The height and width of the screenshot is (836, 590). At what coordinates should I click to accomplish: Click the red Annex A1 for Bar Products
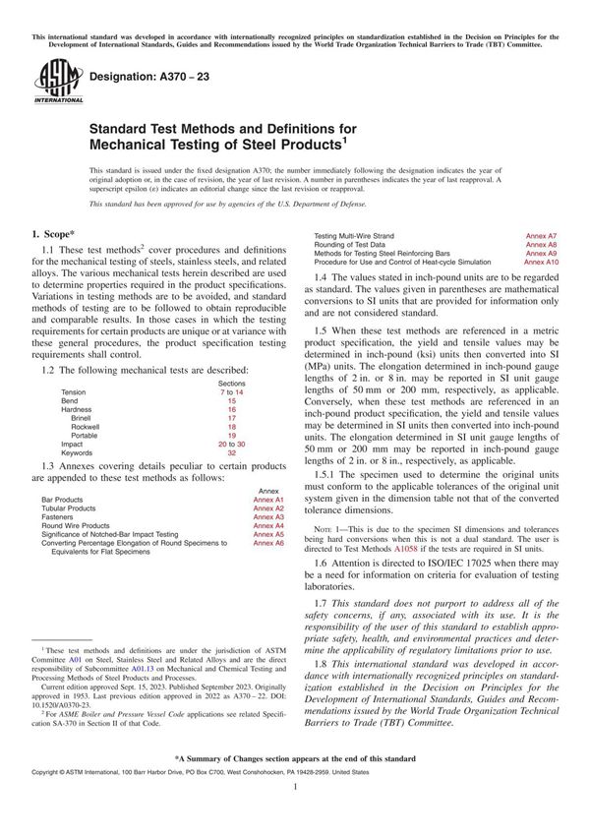(x=267, y=500)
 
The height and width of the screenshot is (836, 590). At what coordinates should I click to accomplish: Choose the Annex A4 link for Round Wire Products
(x=267, y=525)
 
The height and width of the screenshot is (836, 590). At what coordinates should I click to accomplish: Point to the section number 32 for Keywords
(x=231, y=452)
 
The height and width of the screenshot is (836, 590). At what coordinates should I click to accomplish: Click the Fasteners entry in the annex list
(x=58, y=516)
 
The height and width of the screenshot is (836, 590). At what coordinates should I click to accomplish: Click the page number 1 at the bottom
(x=295, y=814)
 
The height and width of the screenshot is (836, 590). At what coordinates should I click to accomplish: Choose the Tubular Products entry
(x=72, y=508)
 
